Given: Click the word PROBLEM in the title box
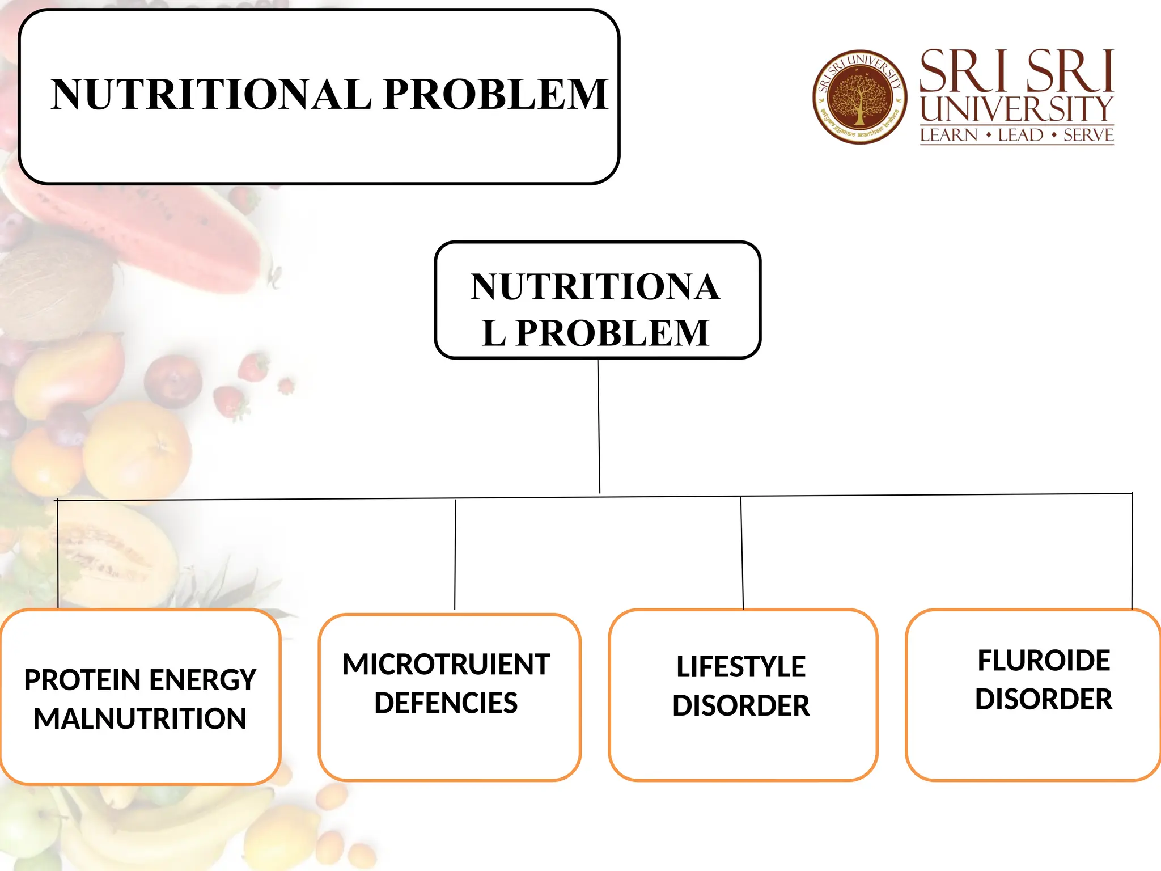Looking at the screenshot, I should click(495, 94).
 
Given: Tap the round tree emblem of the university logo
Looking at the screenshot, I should click(859, 97).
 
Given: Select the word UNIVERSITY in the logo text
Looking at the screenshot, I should click(1016, 109).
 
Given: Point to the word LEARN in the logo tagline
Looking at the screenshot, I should click(949, 136).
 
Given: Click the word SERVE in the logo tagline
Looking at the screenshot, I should click(1088, 136).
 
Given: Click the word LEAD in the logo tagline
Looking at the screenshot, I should click(1020, 136).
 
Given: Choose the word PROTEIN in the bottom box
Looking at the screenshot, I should click(82, 680).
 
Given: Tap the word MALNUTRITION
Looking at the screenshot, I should click(140, 718).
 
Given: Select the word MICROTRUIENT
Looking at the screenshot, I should click(446, 665).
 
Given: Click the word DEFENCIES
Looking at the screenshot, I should click(446, 703).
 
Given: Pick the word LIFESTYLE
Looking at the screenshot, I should click(741, 667).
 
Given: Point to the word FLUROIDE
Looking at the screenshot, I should click(1044, 661).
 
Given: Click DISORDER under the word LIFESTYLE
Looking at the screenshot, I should click(741, 706).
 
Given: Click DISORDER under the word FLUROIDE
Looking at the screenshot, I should click(1044, 699).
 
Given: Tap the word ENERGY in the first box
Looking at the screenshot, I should click(202, 680).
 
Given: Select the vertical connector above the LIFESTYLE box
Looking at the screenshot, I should click(742, 553).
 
